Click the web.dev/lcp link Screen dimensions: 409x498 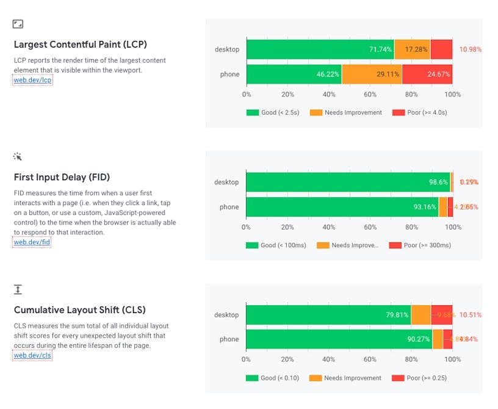(33, 80)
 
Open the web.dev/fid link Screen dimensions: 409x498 (32, 242)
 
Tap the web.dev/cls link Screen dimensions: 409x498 (32, 355)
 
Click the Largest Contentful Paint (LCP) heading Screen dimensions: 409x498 (81, 45)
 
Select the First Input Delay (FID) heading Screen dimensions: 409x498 (62, 178)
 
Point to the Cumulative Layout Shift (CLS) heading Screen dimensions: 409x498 (80, 309)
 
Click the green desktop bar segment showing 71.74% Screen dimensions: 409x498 (320, 49)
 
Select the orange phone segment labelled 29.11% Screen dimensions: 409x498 (372, 74)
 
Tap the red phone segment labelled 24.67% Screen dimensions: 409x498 (427, 74)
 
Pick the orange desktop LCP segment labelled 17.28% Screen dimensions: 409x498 (413, 49)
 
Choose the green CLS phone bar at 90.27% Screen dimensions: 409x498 (339, 339)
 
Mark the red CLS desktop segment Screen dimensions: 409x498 (442, 315)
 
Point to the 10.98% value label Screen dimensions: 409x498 (471, 49)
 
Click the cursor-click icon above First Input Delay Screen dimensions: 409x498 (18, 157)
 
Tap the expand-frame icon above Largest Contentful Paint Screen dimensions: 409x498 (18, 24)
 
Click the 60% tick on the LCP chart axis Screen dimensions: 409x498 (370, 95)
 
